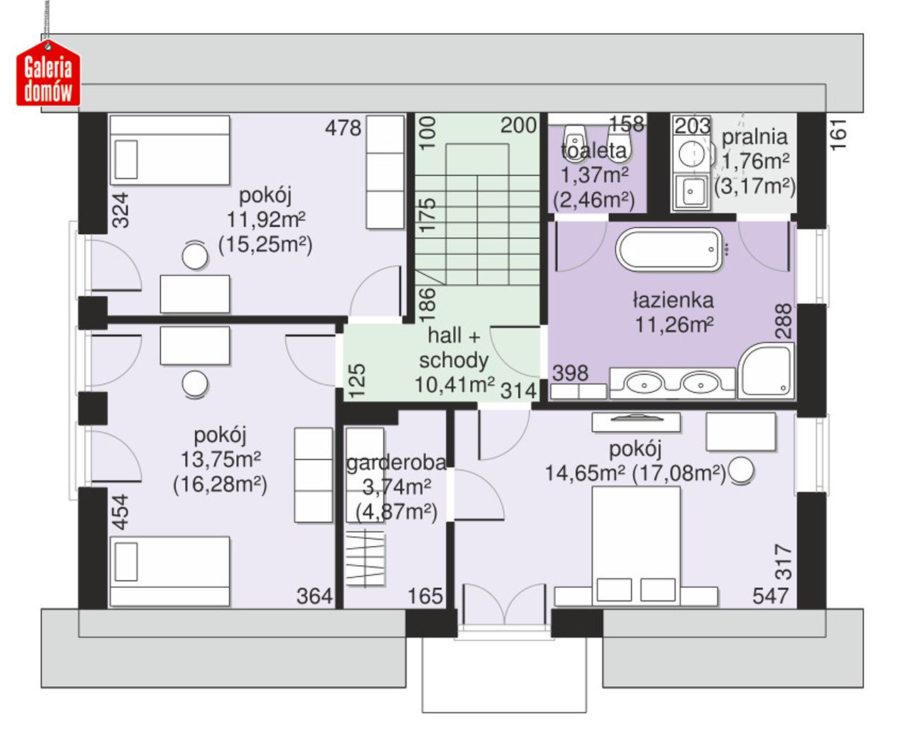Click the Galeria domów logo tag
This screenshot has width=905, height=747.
pyautogui.click(x=48, y=74)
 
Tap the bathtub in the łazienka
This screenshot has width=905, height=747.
pyautogui.click(x=670, y=250)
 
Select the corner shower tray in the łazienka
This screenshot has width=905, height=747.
pyautogui.click(x=766, y=371)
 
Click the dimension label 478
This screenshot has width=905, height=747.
pyautogui.click(x=344, y=128)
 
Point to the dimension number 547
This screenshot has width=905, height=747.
pyautogui.click(x=770, y=596)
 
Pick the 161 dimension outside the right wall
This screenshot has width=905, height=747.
pyautogui.click(x=839, y=134)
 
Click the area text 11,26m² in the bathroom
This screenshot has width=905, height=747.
pyautogui.click(x=674, y=325)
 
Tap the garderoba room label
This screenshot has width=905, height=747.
pyautogui.click(x=396, y=463)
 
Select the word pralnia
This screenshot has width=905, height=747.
pyautogui.click(x=754, y=137)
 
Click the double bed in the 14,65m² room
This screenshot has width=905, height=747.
pyautogui.click(x=636, y=545)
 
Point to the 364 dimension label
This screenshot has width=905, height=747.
pyautogui.click(x=314, y=596)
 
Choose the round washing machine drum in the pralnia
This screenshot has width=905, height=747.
pyautogui.click(x=691, y=154)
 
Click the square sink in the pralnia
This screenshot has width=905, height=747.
pyautogui.click(x=691, y=192)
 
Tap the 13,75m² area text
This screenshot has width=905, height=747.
pyautogui.click(x=221, y=459)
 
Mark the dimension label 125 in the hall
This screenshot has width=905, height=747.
pyautogui.click(x=357, y=381)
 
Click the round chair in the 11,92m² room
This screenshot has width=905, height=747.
pyautogui.click(x=194, y=256)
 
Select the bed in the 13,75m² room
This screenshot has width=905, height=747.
pyautogui.click(x=170, y=571)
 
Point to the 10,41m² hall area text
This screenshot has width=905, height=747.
pyautogui.click(x=455, y=384)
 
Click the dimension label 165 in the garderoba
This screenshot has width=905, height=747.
pyautogui.click(x=425, y=596)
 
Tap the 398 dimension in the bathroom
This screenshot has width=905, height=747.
pyautogui.click(x=571, y=373)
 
